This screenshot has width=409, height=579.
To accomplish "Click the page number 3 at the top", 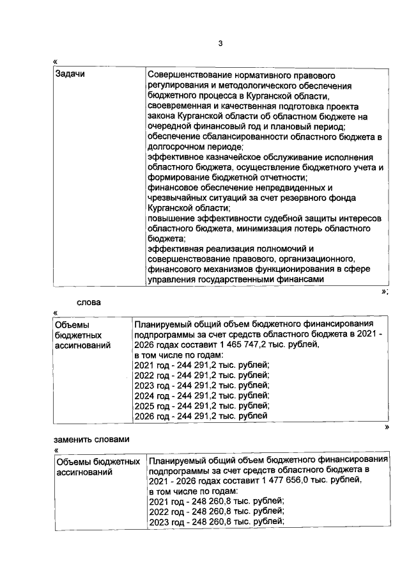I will (219, 44).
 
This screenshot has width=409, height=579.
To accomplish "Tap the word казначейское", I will (224, 157).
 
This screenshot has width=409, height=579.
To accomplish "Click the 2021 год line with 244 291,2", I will (202, 365).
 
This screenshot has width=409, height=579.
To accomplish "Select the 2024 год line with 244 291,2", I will (202, 396).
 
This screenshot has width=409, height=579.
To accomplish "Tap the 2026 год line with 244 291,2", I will (201, 416).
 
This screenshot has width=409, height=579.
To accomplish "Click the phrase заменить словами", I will (91, 440).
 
